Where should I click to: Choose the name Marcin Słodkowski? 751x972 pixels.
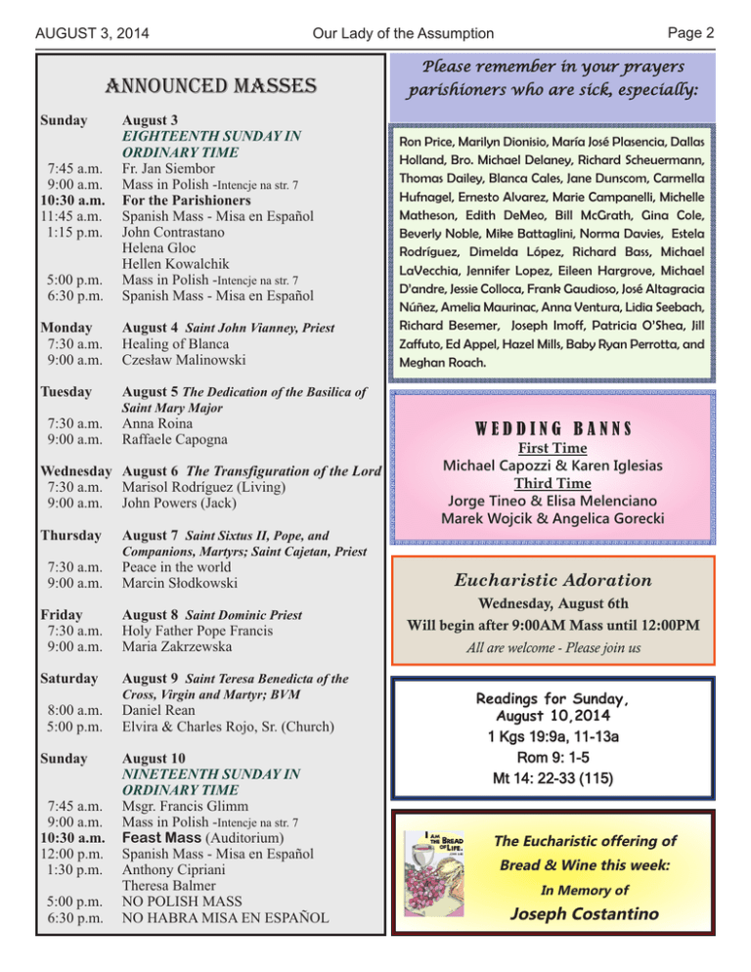[187, 585]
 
